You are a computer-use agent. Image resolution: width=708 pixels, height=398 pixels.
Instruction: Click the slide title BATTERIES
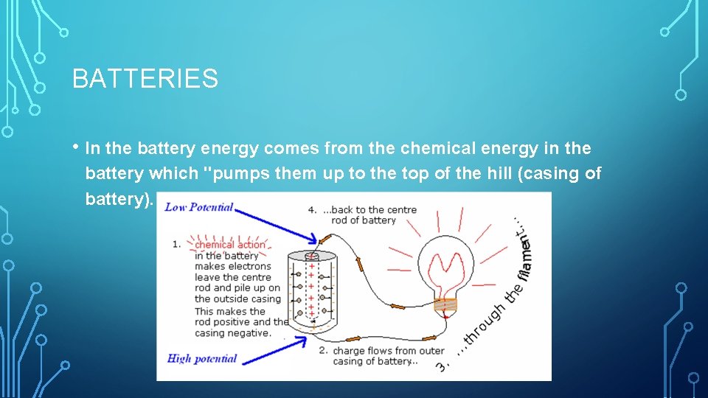click(145, 78)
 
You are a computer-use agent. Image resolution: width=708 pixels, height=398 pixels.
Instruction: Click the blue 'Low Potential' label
click(199, 207)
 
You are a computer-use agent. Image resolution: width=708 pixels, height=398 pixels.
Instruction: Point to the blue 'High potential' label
click(202, 359)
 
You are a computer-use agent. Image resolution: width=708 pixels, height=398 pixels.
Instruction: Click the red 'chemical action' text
click(229, 245)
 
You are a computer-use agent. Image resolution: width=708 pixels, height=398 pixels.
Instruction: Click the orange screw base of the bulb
click(445, 304)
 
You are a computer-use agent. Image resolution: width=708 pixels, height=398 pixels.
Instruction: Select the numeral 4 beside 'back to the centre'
click(311, 209)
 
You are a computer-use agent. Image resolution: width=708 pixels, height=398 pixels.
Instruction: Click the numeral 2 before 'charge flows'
click(323, 351)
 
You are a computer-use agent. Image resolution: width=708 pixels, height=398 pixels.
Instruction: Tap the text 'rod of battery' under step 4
click(364, 220)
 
